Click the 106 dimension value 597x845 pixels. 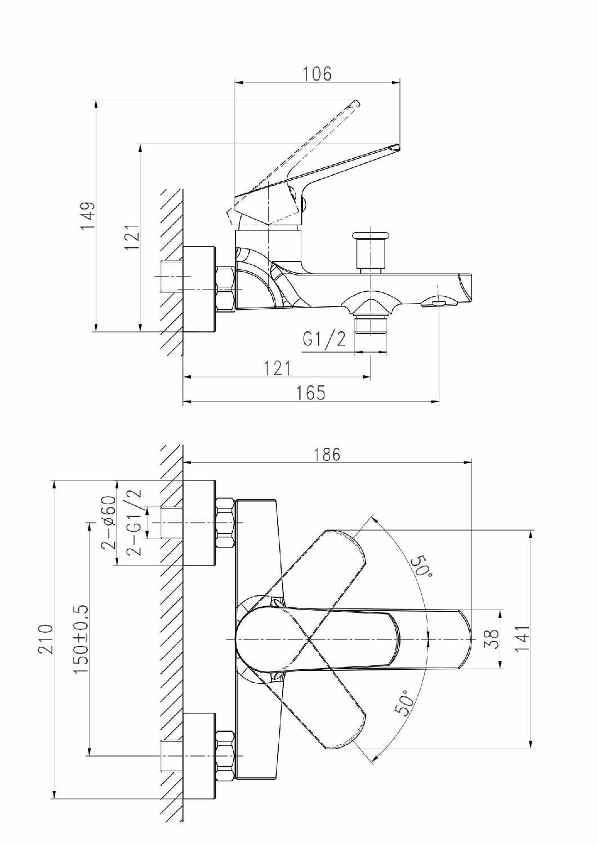pyautogui.click(x=317, y=74)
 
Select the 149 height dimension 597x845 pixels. pyautogui.click(x=87, y=215)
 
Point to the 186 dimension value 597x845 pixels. pyautogui.click(x=327, y=454)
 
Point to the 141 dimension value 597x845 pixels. pyautogui.click(x=523, y=639)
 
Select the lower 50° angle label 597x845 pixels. pyautogui.click(x=404, y=703)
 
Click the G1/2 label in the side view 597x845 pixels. pyautogui.click(x=324, y=339)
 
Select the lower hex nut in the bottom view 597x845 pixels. pyautogui.click(x=225, y=755)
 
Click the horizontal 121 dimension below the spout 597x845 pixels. pyautogui.click(x=278, y=368)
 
